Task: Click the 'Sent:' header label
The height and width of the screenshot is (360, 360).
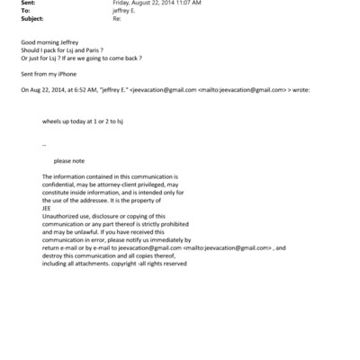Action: point(27,4)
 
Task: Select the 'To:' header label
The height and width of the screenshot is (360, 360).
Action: point(24,12)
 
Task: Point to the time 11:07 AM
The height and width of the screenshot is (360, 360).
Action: point(203,4)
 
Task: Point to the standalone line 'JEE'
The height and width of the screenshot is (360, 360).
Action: point(47,209)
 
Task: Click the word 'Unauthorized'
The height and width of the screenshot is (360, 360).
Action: point(61,217)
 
